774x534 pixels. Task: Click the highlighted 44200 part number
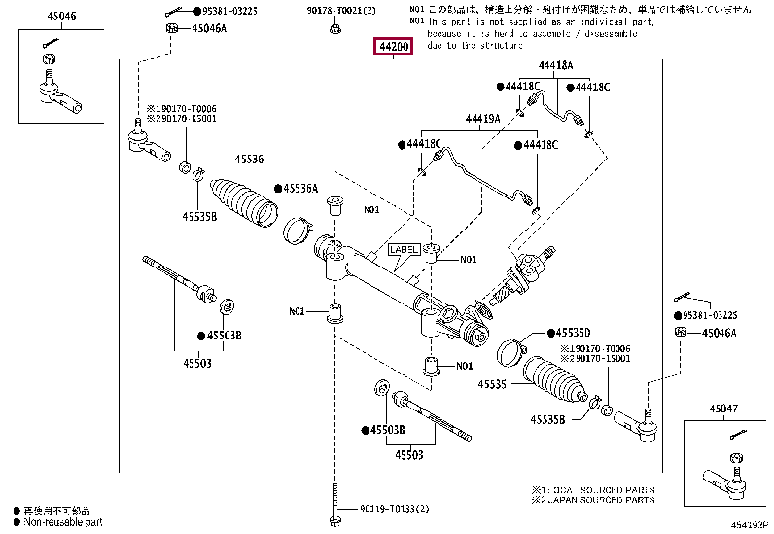click(x=394, y=47)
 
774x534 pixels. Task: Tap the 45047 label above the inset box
click(x=723, y=409)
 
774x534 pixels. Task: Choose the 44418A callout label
click(x=555, y=65)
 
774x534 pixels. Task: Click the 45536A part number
click(x=300, y=188)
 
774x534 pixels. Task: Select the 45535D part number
click(x=573, y=332)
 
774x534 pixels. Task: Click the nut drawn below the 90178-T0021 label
click(x=334, y=27)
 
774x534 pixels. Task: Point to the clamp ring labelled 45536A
click(x=297, y=231)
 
